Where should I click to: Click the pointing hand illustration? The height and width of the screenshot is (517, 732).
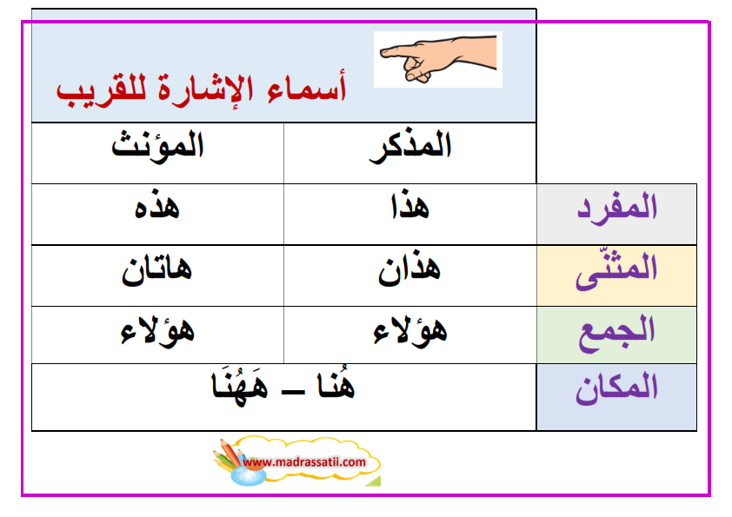[x=438, y=59]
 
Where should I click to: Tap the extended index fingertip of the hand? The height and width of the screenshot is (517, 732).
[x=383, y=53]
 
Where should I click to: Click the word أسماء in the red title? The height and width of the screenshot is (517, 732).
[x=307, y=87]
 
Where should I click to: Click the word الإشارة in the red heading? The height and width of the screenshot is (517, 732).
[x=206, y=88]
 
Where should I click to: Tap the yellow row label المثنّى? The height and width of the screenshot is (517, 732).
[x=616, y=270]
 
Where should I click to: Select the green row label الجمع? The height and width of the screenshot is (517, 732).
[x=616, y=333]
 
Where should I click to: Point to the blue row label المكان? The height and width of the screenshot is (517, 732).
[x=616, y=388]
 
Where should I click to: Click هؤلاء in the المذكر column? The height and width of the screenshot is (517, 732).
[x=409, y=332]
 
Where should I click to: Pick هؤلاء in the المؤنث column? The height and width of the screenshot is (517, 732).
[x=157, y=332]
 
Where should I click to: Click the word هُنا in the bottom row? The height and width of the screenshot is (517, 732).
[x=336, y=385]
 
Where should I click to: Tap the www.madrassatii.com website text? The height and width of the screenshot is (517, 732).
[x=304, y=462]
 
